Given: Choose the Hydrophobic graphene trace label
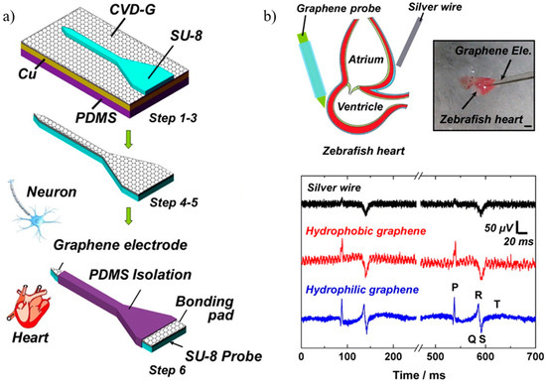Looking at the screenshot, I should point(372,231).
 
